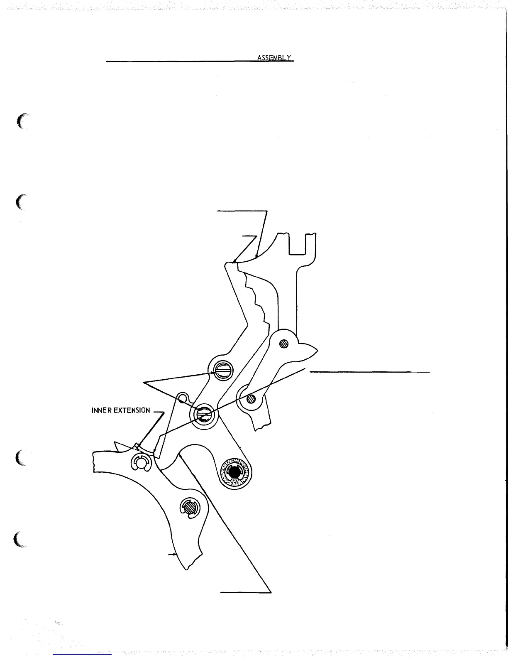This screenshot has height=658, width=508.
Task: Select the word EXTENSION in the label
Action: click(132, 410)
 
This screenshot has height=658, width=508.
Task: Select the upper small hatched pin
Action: click(284, 344)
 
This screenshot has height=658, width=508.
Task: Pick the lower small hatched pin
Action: click(250, 399)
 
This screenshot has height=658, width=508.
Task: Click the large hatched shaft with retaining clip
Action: click(189, 507)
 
